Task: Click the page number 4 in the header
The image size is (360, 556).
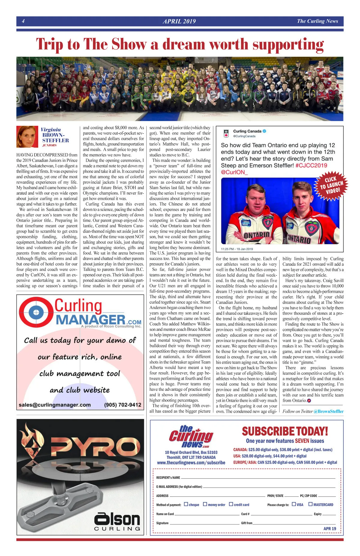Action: (23, 21)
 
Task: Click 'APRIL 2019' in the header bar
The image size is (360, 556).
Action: (179, 21)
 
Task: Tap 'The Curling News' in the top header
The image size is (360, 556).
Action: (317, 21)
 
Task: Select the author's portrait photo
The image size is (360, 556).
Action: (27, 137)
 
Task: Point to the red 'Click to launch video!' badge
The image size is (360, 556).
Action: (331, 186)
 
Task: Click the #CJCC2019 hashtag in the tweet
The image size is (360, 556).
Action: (311, 165)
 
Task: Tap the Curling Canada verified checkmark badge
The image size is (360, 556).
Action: (265, 131)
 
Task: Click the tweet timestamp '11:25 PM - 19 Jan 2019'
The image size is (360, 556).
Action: (237, 249)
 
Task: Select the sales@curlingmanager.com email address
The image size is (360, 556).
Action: (55, 405)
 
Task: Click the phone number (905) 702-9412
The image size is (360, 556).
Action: (122, 405)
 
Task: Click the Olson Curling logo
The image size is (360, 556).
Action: (117, 522)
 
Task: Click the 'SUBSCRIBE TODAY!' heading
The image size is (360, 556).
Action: (285, 431)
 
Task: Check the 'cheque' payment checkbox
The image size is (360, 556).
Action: (186, 504)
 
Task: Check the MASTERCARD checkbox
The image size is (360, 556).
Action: (310, 504)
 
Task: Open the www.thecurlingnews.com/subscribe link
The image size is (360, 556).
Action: (191, 462)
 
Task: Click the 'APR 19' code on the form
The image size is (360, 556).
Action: (330, 529)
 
